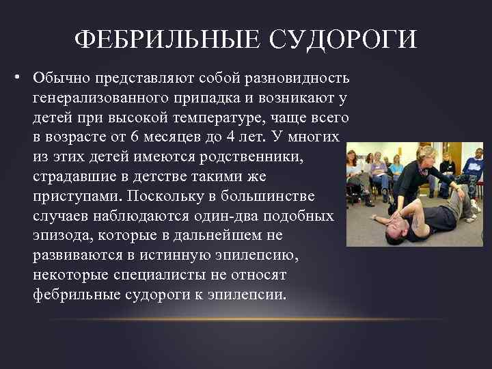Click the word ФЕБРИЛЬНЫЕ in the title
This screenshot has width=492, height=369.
pos(161,39)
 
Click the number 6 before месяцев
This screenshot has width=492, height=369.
pos(135,136)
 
